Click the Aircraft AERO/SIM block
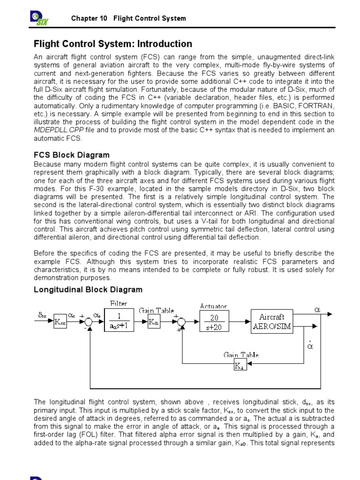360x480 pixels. [271, 322]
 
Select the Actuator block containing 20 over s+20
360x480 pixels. [214, 322]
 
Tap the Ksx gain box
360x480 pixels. [60, 322]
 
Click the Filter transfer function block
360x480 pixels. [119, 322]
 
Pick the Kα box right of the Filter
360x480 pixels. [154, 322]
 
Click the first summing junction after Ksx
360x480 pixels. [90, 322]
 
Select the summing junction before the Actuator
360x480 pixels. [182, 322]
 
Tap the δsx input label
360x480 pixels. [43, 316]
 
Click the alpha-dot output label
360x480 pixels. [310, 345]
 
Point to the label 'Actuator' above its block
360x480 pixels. [214, 306]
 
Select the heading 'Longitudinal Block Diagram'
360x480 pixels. [88, 290]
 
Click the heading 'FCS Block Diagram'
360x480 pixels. [72, 155]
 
